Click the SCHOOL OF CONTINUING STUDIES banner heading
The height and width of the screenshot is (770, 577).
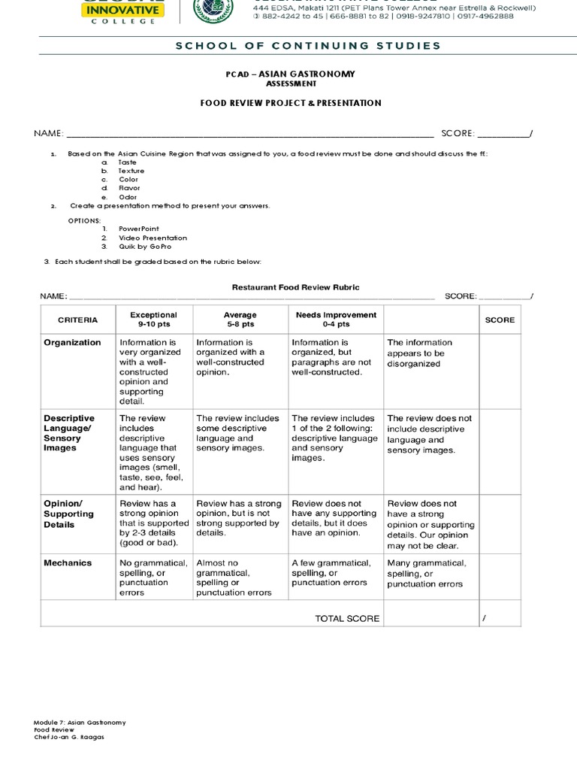click(x=308, y=46)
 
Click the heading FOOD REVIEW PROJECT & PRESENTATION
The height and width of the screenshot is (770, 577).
click(x=290, y=103)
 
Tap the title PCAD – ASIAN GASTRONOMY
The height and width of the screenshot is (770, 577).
click(x=290, y=74)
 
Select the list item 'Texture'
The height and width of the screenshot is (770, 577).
click(x=131, y=171)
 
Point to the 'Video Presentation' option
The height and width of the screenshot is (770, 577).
click(x=153, y=238)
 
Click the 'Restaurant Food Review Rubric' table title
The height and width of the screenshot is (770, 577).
click(x=295, y=287)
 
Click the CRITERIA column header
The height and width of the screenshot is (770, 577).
click(x=78, y=320)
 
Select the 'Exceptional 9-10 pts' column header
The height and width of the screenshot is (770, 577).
click(x=153, y=320)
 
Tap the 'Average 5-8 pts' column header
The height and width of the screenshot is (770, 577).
click(x=240, y=320)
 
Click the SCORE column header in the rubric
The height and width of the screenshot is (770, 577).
click(x=500, y=320)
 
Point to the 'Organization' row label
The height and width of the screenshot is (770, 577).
click(x=72, y=343)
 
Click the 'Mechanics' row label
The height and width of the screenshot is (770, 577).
click(x=68, y=562)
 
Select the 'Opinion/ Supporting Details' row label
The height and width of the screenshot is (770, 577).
click(x=69, y=514)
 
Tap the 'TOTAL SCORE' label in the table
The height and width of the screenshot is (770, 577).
click(x=347, y=619)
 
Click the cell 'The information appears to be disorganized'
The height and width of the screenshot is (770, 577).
click(x=420, y=353)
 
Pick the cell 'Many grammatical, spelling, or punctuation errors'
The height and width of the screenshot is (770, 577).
click(x=427, y=573)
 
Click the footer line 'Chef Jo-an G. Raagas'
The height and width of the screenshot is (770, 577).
click(x=69, y=738)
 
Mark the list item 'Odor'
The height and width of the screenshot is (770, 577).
click(x=128, y=197)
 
